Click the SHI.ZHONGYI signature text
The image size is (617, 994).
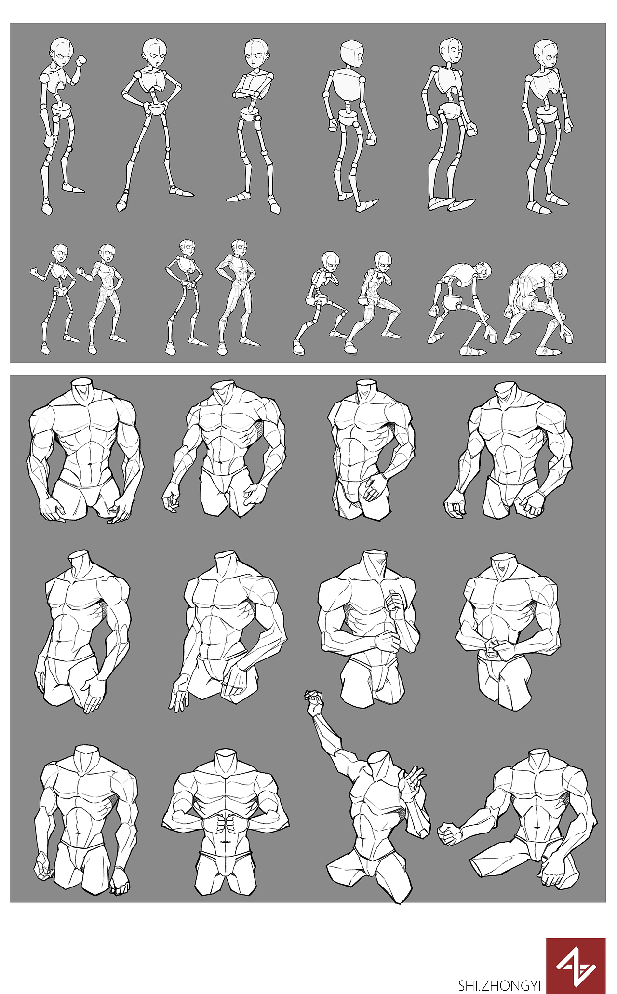pyautogui.click(x=499, y=985)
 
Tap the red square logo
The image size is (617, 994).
pyautogui.click(x=576, y=966)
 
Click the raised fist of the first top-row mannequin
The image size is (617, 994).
pyautogui.click(x=81, y=61)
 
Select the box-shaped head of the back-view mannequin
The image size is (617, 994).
pyautogui.click(x=352, y=54)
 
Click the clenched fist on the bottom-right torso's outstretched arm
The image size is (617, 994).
pyautogui.click(x=449, y=835)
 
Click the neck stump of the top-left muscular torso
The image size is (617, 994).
pyautogui.click(x=80, y=385)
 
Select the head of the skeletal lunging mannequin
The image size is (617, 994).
pyautogui.click(x=331, y=262)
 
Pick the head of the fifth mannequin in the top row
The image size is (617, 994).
pyautogui.click(x=451, y=51)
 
